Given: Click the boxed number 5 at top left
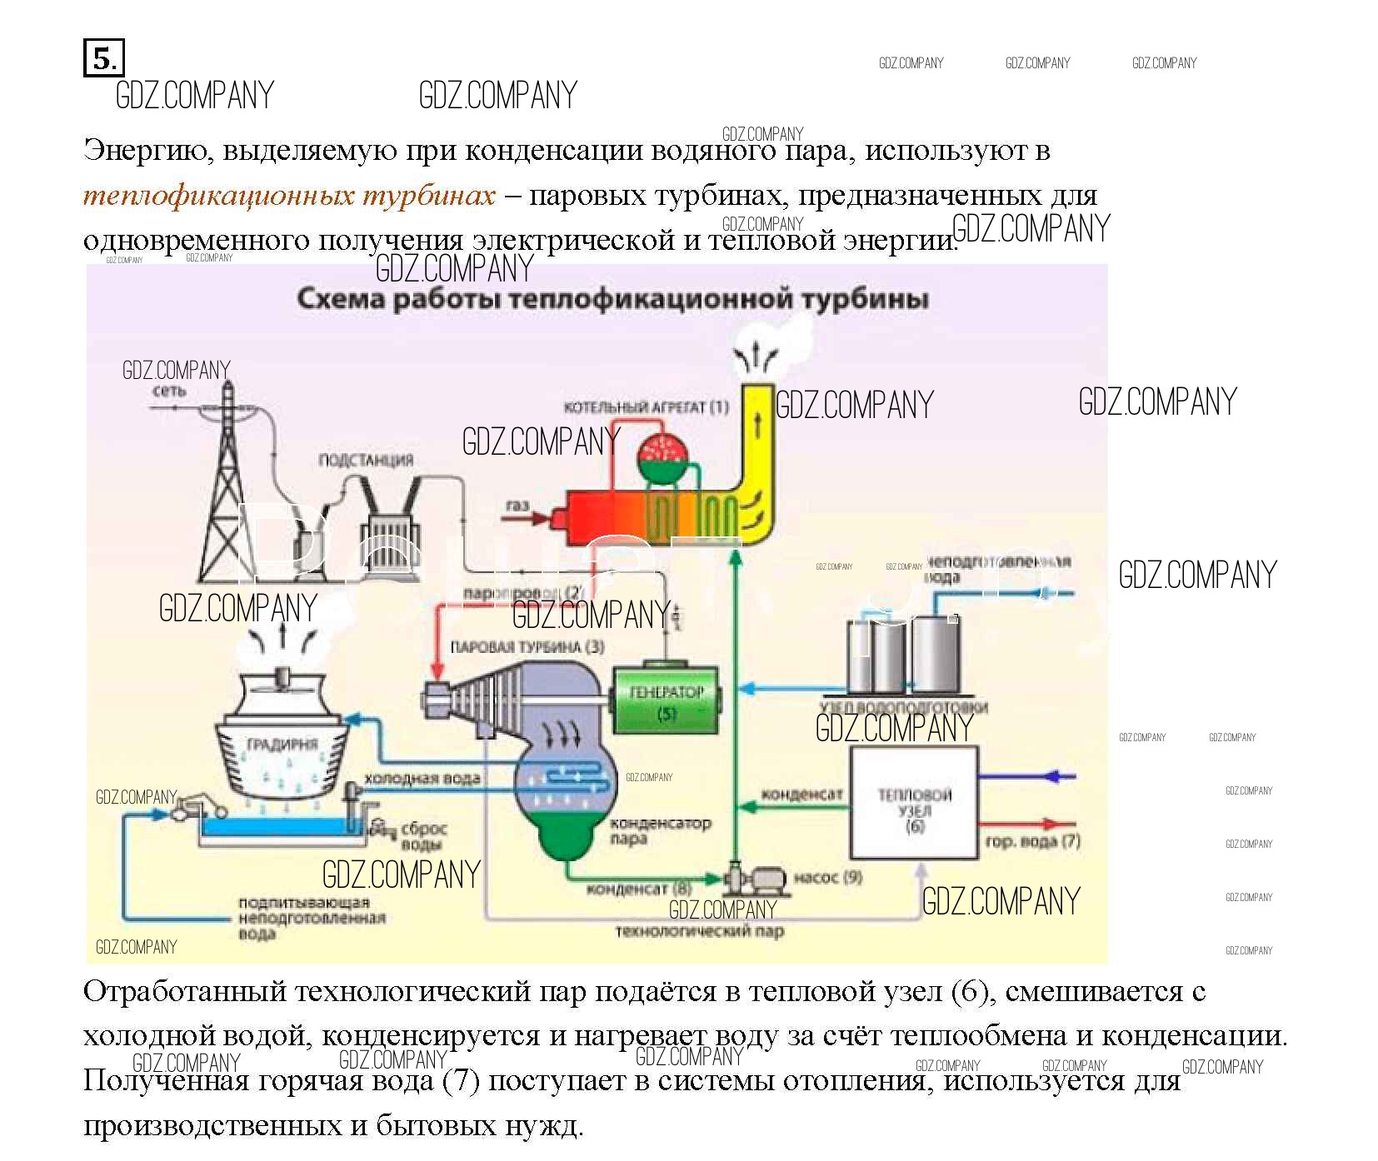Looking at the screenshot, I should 103,58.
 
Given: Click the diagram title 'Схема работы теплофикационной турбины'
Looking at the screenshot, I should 612,299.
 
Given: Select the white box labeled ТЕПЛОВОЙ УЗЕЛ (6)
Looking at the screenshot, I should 913,803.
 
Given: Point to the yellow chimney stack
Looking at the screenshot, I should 756,450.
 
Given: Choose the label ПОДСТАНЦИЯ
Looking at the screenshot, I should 366,460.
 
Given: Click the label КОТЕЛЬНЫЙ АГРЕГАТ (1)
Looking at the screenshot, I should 646,407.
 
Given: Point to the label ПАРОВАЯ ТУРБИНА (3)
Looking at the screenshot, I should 527,647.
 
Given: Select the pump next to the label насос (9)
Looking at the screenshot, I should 754,879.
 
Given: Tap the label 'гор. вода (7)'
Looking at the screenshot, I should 1032,841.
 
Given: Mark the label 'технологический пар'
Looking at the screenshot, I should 700,931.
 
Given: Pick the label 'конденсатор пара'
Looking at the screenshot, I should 660,830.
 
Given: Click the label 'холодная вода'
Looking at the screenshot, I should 422,779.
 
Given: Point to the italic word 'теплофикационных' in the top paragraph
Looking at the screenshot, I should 217,196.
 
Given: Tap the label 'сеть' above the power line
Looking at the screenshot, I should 169,391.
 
